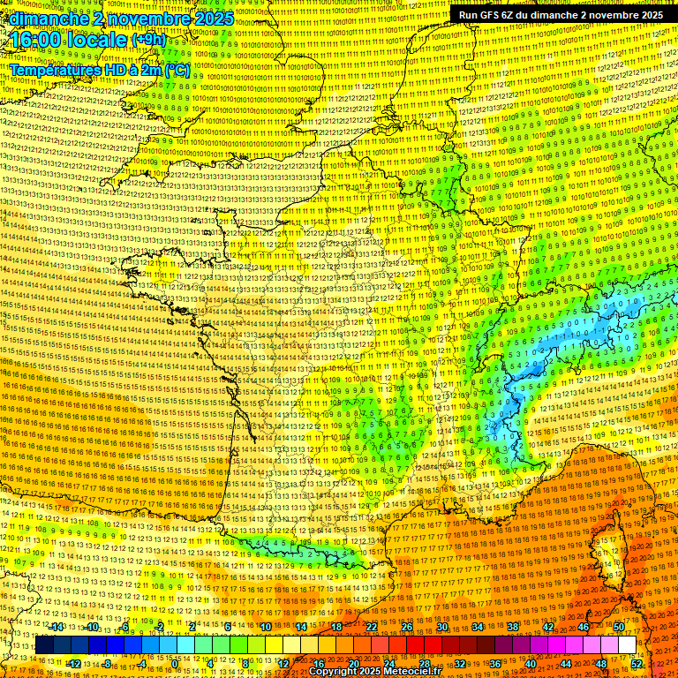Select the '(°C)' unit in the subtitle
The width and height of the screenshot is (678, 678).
tap(176, 69)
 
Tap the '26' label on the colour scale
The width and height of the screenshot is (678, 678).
tap(407, 627)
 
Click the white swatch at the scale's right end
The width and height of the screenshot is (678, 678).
tap(627, 645)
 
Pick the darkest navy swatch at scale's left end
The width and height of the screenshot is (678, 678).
tap(44, 645)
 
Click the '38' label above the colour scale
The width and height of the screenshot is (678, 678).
tap(513, 627)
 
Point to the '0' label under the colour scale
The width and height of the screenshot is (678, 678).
tap(176, 663)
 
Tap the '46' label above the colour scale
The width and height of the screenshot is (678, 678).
tap(584, 627)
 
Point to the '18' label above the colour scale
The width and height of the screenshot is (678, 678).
tap(336, 627)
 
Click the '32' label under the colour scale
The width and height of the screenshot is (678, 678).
tap(460, 663)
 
